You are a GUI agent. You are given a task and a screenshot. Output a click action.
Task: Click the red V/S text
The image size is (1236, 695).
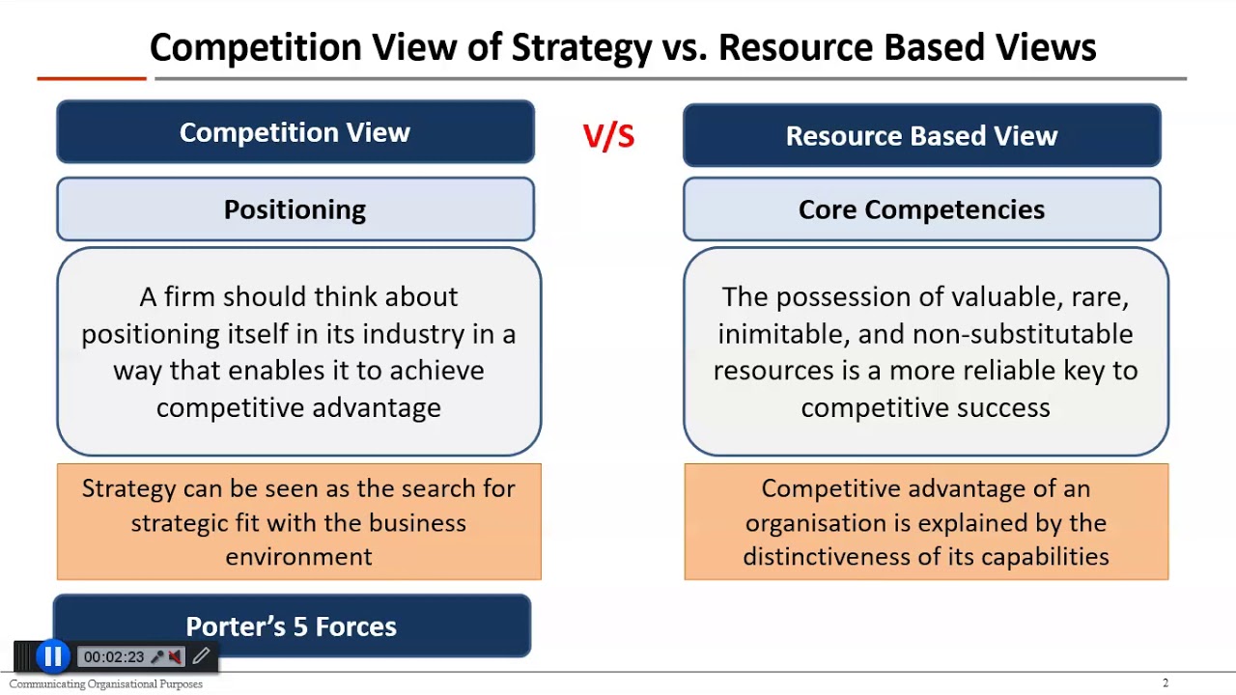(608, 136)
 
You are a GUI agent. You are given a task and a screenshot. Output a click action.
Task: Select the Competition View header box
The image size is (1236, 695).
(295, 132)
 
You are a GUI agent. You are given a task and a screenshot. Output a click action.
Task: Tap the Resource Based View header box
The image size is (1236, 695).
(921, 136)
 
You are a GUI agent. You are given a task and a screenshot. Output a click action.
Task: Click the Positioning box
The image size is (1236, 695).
(295, 209)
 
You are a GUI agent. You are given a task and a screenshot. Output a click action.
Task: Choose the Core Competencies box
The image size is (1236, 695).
(921, 209)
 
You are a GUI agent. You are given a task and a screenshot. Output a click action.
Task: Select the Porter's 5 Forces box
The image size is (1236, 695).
(292, 626)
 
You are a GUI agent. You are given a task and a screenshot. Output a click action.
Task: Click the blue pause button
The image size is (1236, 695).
(52, 656)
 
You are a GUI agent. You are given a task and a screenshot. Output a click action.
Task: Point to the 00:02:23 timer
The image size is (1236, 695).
(113, 657)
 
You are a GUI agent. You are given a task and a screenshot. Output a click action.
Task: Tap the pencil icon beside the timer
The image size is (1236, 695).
(201, 656)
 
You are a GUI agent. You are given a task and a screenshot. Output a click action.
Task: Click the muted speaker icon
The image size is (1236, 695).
(175, 656)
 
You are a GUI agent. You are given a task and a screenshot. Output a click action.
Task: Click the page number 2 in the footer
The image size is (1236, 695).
(1166, 683)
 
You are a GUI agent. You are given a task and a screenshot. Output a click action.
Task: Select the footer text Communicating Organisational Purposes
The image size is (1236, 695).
(106, 684)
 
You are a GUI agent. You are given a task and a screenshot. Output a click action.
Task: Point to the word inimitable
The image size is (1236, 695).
(779, 334)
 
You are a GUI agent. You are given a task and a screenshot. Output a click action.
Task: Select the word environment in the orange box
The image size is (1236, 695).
(298, 557)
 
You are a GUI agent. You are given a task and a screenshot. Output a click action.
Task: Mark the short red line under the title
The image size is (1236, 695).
(92, 78)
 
